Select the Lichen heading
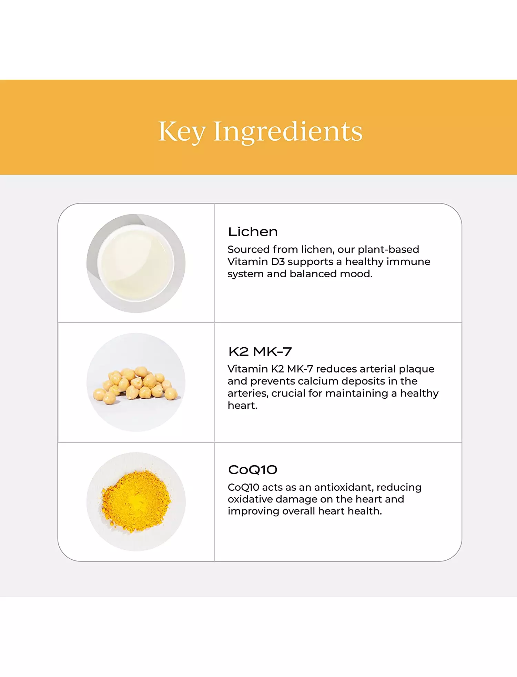[x=253, y=232]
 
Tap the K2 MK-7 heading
[x=260, y=352]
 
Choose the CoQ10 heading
[x=253, y=470]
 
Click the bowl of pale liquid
[x=136, y=263]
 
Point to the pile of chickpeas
[x=135, y=385]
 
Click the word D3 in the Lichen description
[x=278, y=262]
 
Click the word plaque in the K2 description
[x=417, y=369]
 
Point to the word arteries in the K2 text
[x=248, y=394]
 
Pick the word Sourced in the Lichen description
[x=249, y=249]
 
